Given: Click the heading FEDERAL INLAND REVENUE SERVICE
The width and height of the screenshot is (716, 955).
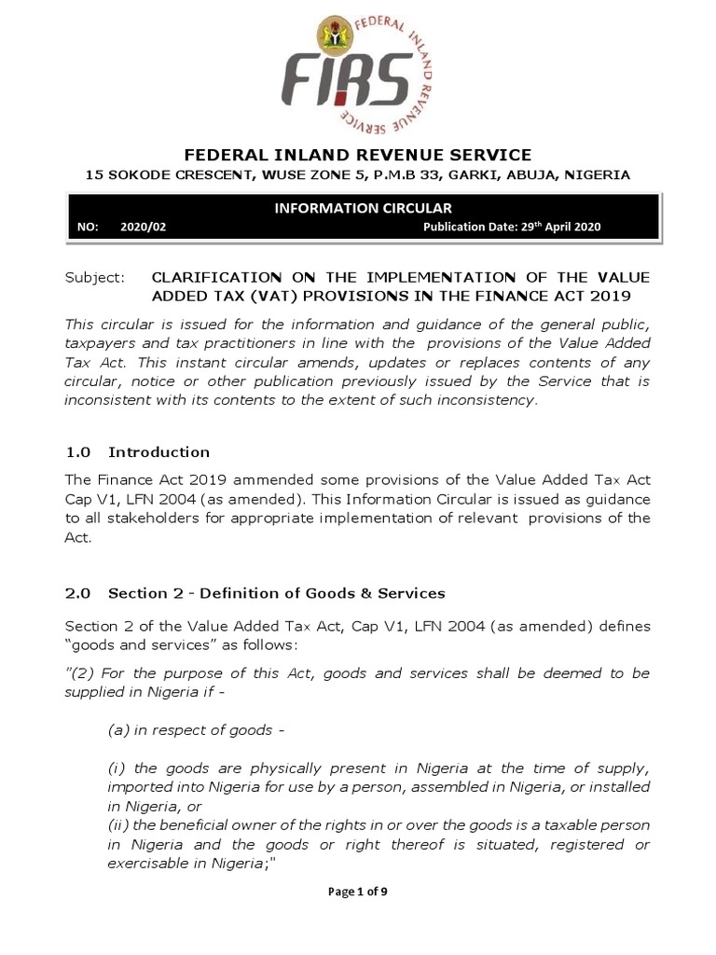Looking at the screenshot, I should click(358, 155).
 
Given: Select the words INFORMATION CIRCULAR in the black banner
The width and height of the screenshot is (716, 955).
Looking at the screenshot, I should click(363, 208).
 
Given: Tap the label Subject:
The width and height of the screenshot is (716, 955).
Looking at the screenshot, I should click(93, 278).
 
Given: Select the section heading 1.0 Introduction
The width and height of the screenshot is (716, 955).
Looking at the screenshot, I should click(138, 452).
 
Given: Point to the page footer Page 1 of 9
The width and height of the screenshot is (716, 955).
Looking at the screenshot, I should click(358, 892).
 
